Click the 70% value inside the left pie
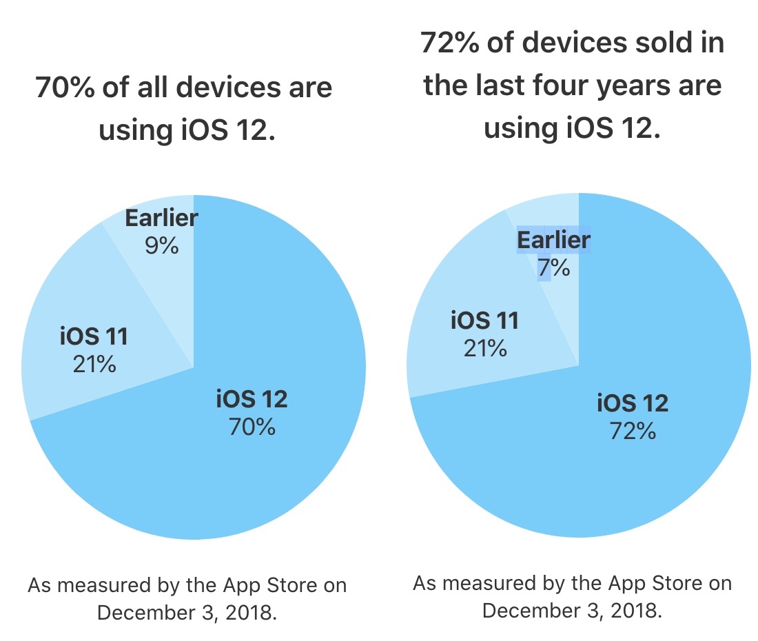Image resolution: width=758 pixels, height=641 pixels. point(252,427)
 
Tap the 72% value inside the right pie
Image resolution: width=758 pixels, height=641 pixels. point(633,431)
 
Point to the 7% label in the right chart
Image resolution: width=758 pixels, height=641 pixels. point(554,267)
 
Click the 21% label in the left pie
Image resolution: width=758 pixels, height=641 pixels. point(94,363)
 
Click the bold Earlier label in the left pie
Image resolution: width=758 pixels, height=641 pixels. point(161,218)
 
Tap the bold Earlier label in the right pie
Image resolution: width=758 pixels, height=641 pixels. point(554,241)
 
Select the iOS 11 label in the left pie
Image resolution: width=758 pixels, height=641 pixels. point(94,337)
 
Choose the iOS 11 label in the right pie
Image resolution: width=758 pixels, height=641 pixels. point(484,320)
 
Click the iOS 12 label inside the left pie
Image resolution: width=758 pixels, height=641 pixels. point(252,399)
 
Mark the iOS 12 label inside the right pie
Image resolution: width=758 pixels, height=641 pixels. point(633,403)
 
